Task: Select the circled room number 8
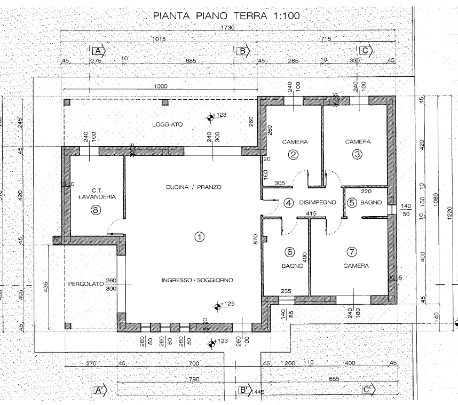pos(96,210)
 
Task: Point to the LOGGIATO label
pos(167,124)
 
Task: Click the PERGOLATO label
pos(85,285)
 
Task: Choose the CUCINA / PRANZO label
pos(193,187)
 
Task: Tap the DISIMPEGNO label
pos(317,203)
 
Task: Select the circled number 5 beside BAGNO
pos(352,203)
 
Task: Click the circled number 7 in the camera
pos(352,252)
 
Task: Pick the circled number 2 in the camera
pos(293,155)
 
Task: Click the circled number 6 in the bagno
pos(290,252)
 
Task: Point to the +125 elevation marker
pos(218,306)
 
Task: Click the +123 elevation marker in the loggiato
pos(212,117)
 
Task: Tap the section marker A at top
pos(98,51)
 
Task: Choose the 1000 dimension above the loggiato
pos(160,86)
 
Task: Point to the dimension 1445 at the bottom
pos(258,393)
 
